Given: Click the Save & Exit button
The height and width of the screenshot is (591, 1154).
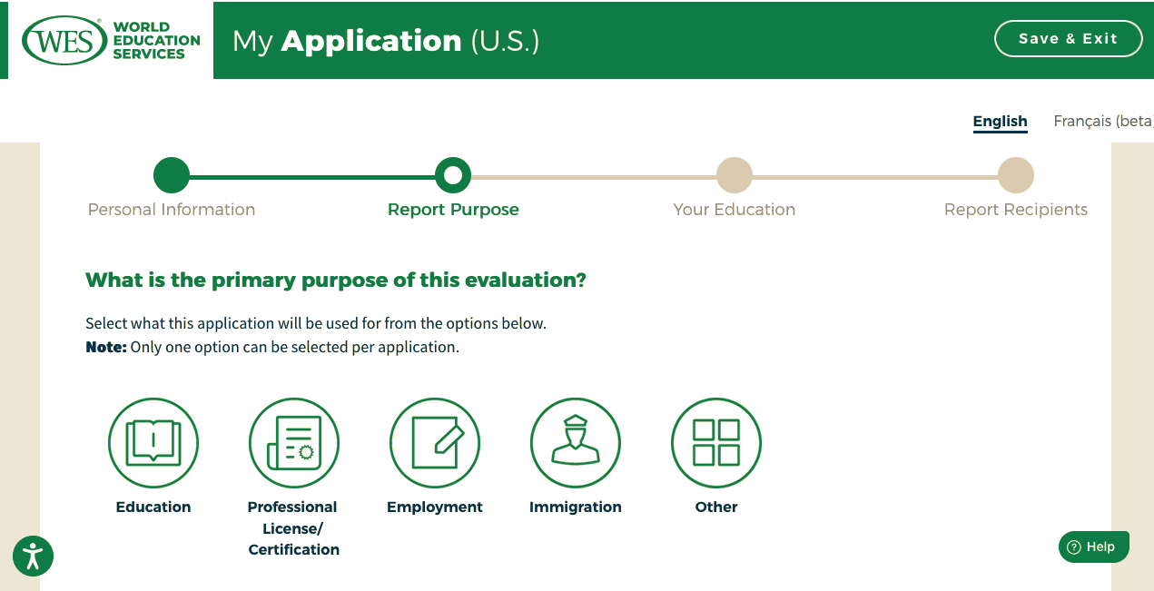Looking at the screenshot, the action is click(x=1068, y=39).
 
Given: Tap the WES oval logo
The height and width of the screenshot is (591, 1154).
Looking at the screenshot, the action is click(x=64, y=40).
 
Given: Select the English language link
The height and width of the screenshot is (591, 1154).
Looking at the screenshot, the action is click(x=1000, y=121).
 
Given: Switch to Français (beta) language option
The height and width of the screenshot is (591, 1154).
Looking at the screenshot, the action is click(x=1103, y=121).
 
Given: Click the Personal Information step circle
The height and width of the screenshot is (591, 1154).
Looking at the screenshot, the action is click(x=172, y=175).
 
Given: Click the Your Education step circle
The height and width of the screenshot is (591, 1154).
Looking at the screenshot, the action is click(x=735, y=175).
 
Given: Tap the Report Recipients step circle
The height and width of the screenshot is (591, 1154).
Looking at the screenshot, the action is click(x=1016, y=175).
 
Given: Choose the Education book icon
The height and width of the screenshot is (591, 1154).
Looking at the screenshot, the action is click(x=153, y=443).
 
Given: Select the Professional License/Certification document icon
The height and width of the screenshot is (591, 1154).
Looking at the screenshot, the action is click(x=294, y=443).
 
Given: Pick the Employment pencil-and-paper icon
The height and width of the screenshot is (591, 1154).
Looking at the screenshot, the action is click(x=435, y=443).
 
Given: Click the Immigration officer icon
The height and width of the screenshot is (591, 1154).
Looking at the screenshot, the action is click(x=576, y=443).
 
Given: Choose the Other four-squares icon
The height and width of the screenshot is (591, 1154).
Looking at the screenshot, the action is click(x=716, y=443).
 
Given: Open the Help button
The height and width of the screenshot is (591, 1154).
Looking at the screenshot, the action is click(x=1094, y=547).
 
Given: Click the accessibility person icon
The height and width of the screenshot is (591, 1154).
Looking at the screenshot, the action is click(x=33, y=557).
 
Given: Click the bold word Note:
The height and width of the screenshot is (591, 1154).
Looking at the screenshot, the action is click(x=106, y=348).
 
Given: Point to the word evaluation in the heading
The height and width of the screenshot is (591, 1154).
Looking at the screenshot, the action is click(x=526, y=280).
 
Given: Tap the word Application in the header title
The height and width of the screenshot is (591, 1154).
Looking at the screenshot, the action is click(x=371, y=41).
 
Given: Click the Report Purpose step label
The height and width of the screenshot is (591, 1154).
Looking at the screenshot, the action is click(x=453, y=210).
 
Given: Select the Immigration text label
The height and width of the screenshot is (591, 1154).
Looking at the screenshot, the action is click(x=576, y=507).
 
